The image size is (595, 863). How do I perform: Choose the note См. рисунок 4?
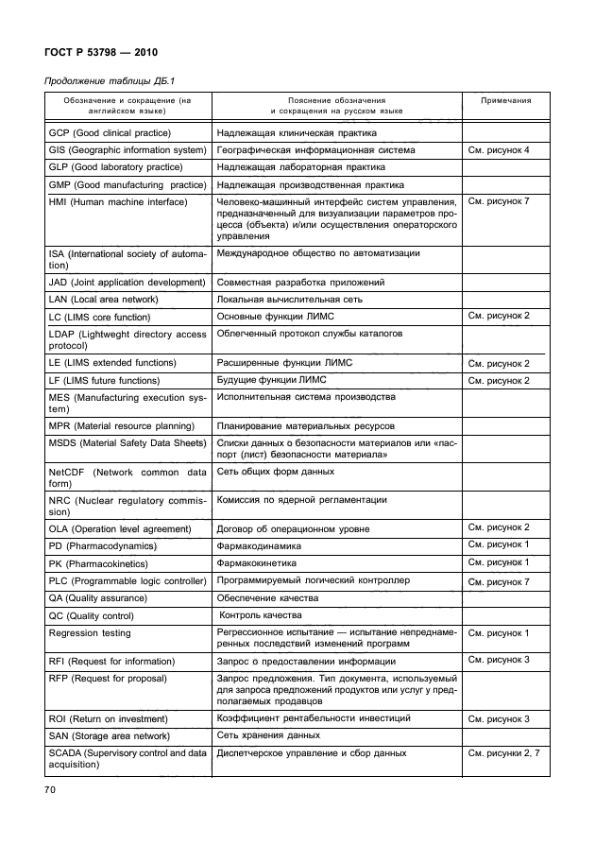[x=498, y=150]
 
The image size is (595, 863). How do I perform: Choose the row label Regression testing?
[x=90, y=632]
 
